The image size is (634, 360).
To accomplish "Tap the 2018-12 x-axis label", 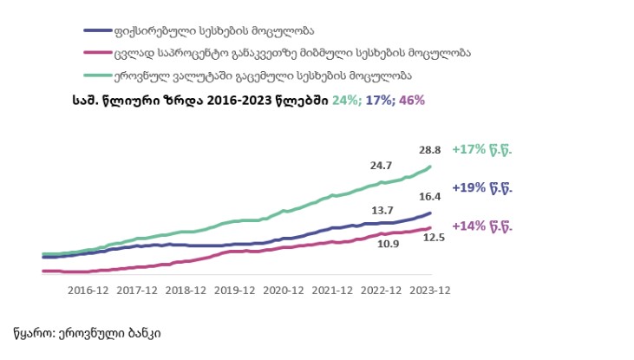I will tap(185, 291).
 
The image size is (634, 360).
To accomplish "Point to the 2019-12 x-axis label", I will tap(233, 291).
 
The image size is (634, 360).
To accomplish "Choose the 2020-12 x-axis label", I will tap(283, 291).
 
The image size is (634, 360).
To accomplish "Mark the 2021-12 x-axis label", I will tap(332, 291).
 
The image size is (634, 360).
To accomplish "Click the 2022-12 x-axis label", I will tap(382, 291).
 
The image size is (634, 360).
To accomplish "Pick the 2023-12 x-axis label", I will tap(430, 291).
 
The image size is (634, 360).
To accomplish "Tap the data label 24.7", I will tap(382, 165).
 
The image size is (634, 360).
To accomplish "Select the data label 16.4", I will tap(431, 197).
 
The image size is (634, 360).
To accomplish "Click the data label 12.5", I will tap(433, 237).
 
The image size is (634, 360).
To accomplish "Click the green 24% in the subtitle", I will tap(345, 100).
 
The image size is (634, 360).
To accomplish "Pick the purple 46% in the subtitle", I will tap(412, 100).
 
